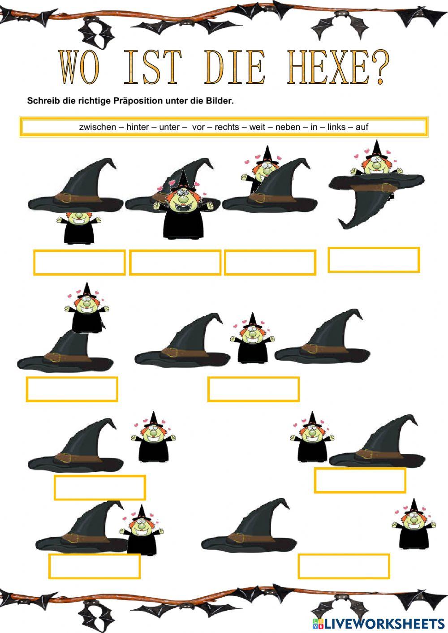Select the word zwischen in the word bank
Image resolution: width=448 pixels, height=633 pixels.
coord(97,127)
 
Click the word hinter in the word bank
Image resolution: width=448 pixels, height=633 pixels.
coord(138,127)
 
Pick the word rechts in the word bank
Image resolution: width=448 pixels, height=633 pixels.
coord(227,127)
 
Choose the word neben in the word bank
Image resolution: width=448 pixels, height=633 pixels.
coord(288,127)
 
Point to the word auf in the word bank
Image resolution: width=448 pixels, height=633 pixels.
coord(362,127)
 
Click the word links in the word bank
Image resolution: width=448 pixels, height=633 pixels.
coord(336,127)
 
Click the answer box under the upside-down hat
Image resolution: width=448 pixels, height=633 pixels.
coord(374,259)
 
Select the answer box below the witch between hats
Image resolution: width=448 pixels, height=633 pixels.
coord(253,389)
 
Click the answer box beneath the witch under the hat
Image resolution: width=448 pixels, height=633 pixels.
coord(79,263)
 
